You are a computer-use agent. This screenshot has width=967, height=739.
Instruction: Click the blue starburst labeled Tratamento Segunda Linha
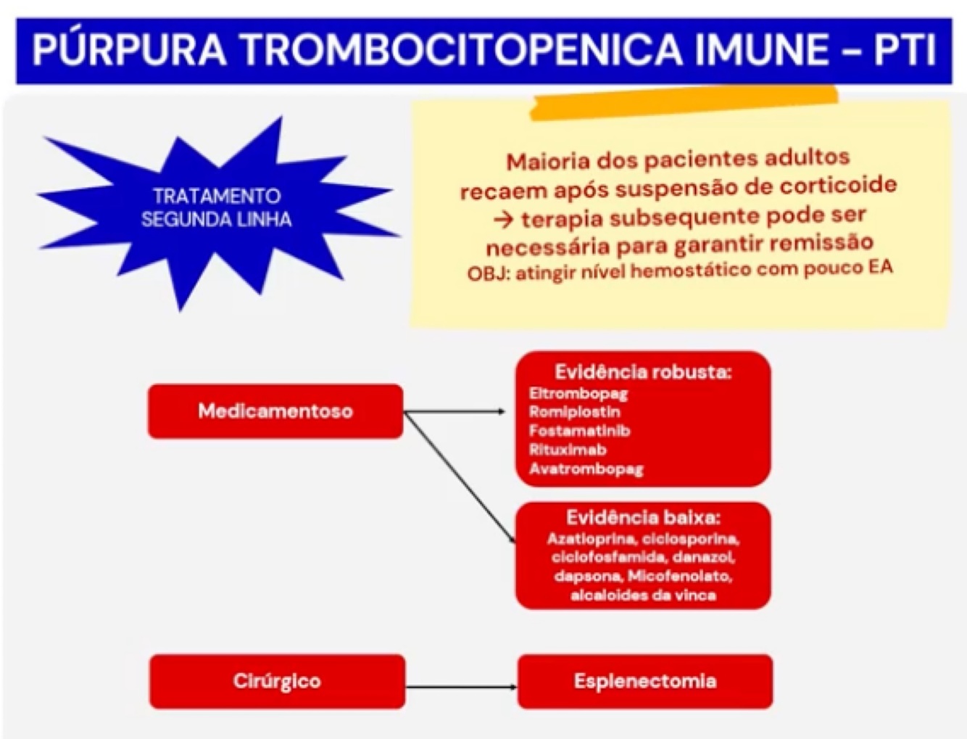[216, 208]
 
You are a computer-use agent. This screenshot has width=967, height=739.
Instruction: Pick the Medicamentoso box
[275, 411]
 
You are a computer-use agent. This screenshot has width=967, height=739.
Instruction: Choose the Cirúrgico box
[277, 681]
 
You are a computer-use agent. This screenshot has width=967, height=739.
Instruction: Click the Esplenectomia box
[644, 681]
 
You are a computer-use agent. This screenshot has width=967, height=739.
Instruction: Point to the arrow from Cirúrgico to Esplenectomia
[461, 686]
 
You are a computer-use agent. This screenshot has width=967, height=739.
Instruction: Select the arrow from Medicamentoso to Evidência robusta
[455, 412]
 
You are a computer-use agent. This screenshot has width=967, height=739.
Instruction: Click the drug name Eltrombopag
[578, 394]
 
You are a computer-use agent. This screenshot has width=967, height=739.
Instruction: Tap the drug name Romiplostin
[575, 412]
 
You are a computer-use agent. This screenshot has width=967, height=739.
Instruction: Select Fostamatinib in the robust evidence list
[580, 431]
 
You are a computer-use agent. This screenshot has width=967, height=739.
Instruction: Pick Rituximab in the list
[568, 450]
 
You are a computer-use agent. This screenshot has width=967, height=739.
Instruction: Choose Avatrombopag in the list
[586, 468]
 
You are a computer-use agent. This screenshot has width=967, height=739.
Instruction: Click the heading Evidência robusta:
[643, 372]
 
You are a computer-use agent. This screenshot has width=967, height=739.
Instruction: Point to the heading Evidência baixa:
[643, 518]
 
